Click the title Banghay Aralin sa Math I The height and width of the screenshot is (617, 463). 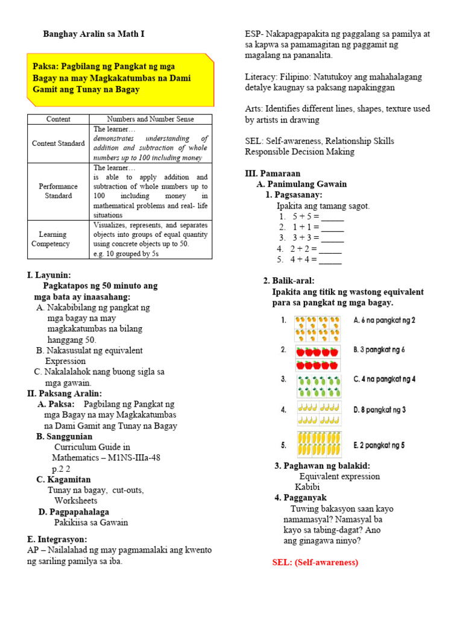click(93, 34)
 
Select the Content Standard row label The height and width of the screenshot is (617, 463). click(58, 143)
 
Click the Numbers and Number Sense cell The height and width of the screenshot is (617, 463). click(150, 119)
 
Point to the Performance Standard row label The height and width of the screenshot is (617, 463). click(58, 191)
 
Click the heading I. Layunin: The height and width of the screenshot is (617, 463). click(49, 275)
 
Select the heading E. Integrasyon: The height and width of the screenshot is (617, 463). click(57, 539)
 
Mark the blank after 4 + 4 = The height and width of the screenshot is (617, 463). click(330, 260)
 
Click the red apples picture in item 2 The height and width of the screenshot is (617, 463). click(318, 358)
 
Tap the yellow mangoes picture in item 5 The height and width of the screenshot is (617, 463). click(318, 445)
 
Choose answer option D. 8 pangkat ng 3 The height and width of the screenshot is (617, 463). click(379, 410)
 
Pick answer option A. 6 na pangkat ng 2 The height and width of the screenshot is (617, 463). click(384, 321)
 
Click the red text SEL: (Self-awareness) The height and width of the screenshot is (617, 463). click(315, 562)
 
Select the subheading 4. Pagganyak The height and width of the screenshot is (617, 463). click(300, 498)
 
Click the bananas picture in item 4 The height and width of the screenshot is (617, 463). click(318, 413)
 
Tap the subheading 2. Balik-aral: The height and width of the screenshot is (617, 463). click(289, 281)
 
